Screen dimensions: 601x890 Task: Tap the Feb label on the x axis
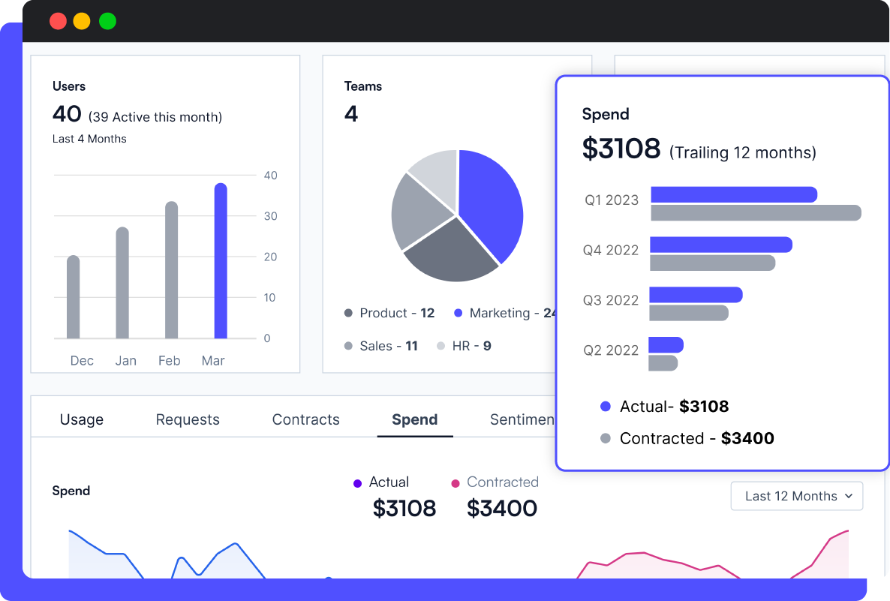169,361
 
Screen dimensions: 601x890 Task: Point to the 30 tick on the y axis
270,216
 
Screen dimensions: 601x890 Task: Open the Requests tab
188,419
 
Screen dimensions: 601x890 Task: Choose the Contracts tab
305,419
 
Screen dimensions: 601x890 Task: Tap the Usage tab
82,419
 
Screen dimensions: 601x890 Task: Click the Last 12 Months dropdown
797,496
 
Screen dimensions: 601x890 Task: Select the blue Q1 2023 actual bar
733,194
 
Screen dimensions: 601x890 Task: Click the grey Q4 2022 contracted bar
712,263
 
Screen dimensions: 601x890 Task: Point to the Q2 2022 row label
611,350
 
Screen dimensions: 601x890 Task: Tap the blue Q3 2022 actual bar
696,295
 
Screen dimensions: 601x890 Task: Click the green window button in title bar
107,21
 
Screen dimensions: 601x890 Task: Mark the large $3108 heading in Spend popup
621,149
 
